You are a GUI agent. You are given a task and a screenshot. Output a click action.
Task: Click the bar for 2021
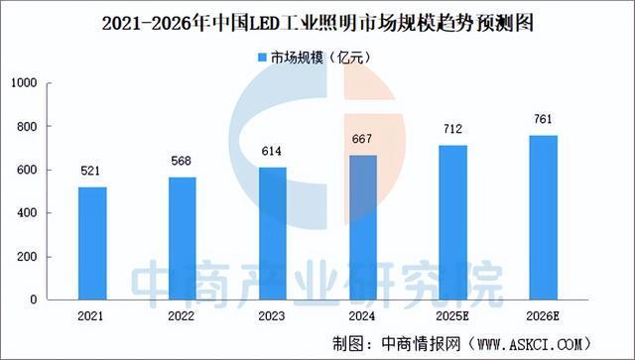[91, 243]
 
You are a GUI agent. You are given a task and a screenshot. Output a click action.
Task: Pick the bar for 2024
[364, 227]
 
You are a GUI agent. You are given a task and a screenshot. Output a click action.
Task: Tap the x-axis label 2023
[273, 316]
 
